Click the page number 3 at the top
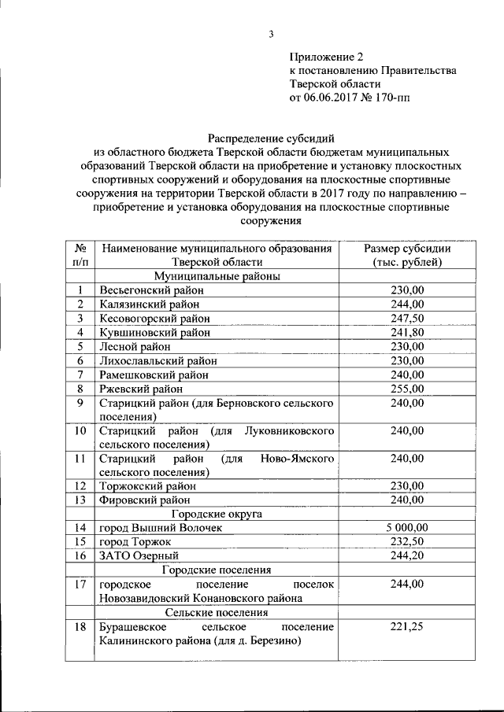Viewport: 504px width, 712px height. (x=270, y=34)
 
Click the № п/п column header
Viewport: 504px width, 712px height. (x=80, y=255)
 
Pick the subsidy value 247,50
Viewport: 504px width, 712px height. (x=407, y=318)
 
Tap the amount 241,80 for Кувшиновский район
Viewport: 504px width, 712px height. (x=407, y=332)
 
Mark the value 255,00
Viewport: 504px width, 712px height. (x=407, y=389)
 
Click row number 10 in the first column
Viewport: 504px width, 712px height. (x=80, y=431)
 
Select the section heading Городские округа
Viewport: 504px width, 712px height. (x=217, y=514)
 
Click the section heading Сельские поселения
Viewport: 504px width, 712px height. (x=217, y=612)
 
